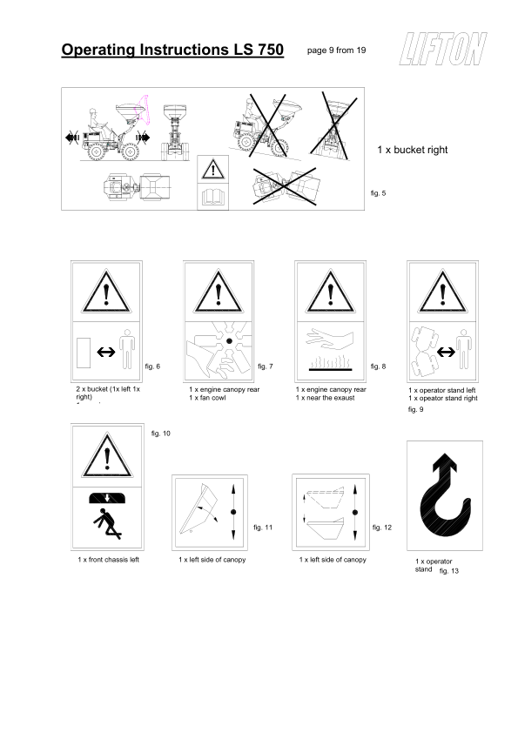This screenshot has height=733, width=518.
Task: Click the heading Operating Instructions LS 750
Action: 172,50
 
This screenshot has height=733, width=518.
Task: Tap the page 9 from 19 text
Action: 336,50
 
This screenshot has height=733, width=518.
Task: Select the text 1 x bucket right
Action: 412,150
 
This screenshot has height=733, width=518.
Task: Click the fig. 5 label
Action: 377,192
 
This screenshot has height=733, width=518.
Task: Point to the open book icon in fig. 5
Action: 212,196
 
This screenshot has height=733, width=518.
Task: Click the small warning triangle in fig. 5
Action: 212,169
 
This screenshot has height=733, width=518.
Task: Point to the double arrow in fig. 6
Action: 106,352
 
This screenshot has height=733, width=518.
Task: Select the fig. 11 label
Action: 263,528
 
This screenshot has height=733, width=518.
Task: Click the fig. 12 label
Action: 382,528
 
